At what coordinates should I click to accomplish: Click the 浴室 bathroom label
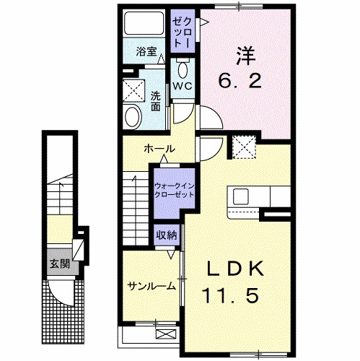click(x=146, y=52)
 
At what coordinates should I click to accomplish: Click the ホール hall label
click(x=159, y=149)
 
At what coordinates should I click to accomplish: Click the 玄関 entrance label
click(x=58, y=264)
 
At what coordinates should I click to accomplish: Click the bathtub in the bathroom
click(x=144, y=26)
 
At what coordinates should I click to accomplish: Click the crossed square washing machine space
click(x=133, y=90)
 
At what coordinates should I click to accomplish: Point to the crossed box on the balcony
click(x=165, y=334)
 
